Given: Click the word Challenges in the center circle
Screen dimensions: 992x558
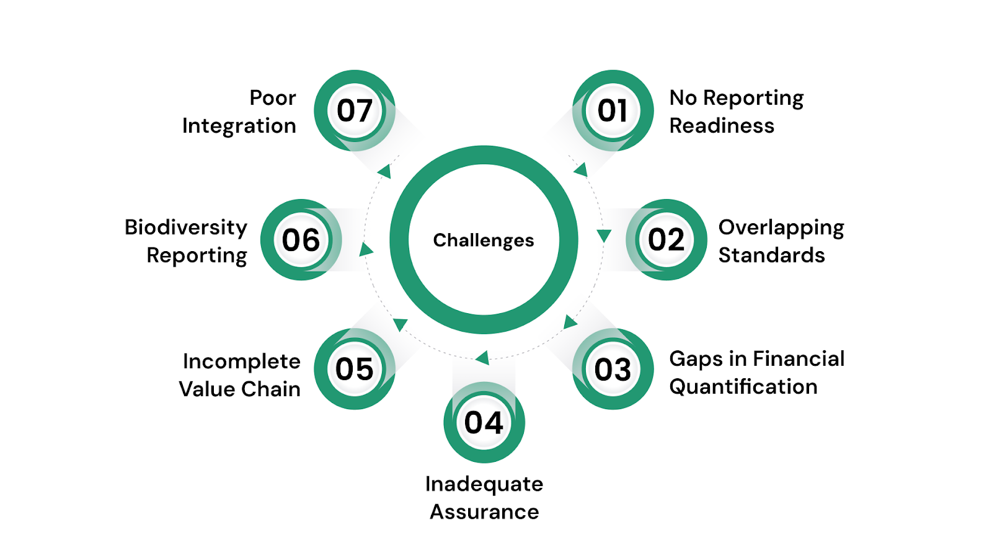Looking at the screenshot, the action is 484,241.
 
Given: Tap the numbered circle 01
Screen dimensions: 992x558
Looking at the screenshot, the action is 613,110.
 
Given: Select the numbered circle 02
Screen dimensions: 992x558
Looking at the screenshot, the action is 666,239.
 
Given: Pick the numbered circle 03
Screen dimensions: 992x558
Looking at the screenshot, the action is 613,369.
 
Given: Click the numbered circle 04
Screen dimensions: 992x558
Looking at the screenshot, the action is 484,422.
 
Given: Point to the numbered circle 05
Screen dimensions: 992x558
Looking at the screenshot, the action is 355,369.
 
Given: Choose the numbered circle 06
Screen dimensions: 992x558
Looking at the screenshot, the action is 301,239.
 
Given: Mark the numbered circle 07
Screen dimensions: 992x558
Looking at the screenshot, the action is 355,110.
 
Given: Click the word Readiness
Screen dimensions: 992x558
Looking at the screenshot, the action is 722,126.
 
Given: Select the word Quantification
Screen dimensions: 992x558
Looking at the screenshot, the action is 743,387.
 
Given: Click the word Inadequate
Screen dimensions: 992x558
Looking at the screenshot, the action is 484,485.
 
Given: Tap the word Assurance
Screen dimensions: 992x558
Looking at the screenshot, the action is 484,512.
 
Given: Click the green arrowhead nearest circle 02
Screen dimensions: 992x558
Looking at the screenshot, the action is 604,236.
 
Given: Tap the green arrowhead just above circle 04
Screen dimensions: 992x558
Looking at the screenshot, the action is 483,357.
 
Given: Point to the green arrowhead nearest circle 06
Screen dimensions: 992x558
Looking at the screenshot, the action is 366,250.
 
